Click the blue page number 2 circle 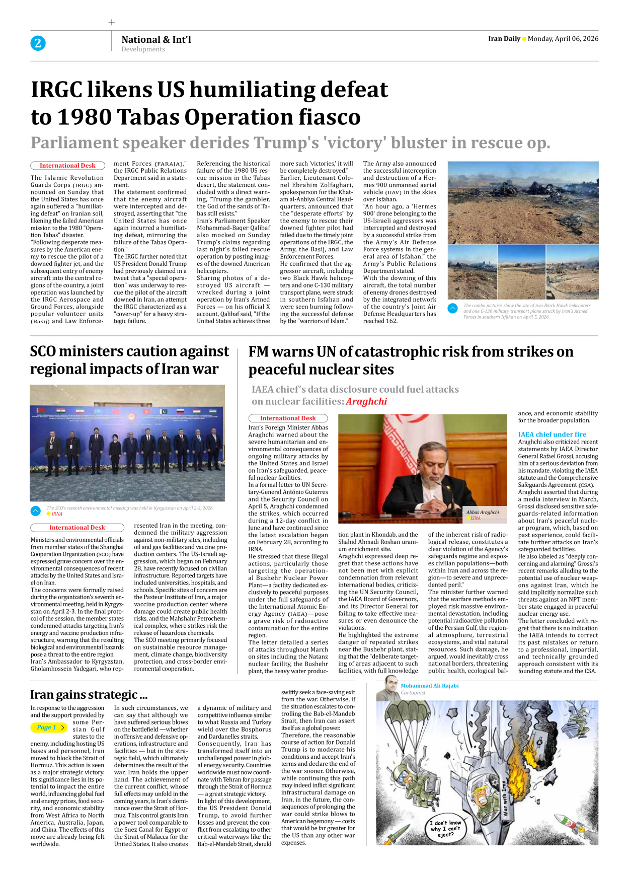[38, 43]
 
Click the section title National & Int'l [156, 39]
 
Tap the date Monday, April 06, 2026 [563, 39]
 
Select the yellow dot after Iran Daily [524, 39]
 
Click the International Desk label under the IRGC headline [67, 166]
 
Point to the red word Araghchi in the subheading [366, 401]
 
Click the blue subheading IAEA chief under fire [552, 434]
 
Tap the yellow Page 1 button [48, 728]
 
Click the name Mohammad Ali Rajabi [429, 686]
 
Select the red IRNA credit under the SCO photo [57, 514]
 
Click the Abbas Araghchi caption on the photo [482, 513]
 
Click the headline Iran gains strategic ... [89, 695]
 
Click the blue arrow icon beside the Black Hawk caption [452, 308]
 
